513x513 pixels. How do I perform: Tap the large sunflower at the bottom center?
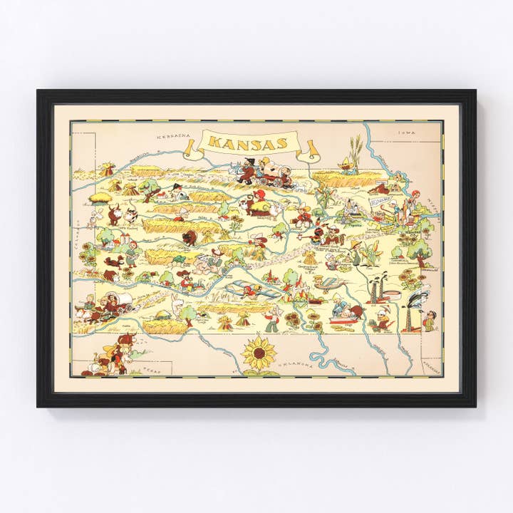[258, 353]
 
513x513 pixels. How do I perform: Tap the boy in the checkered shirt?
[430, 322]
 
